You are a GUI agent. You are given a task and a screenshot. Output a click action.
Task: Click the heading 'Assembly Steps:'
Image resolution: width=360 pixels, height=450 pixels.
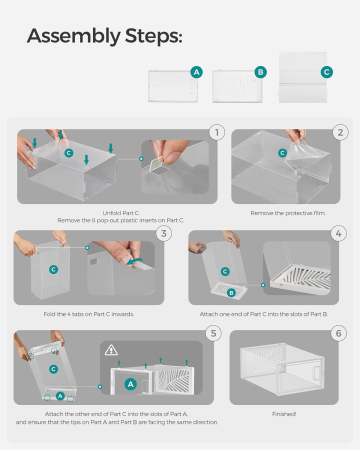point(104,36)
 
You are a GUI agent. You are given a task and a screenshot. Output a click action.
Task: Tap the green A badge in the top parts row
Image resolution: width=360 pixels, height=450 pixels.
point(196,72)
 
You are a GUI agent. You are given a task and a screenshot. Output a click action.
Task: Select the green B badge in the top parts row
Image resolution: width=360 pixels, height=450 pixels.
point(261,72)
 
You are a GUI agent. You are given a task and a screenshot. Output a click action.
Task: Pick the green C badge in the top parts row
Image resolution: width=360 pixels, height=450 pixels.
point(326,72)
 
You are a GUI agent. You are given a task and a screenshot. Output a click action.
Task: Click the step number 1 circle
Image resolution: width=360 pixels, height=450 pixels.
point(216,132)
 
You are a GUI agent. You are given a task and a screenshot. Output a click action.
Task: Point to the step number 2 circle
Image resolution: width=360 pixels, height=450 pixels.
point(340,132)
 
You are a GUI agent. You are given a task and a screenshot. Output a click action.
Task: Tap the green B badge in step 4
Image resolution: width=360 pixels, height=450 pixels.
point(232,293)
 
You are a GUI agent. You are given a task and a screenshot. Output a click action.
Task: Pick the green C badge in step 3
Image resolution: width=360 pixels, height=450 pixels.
point(50,269)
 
